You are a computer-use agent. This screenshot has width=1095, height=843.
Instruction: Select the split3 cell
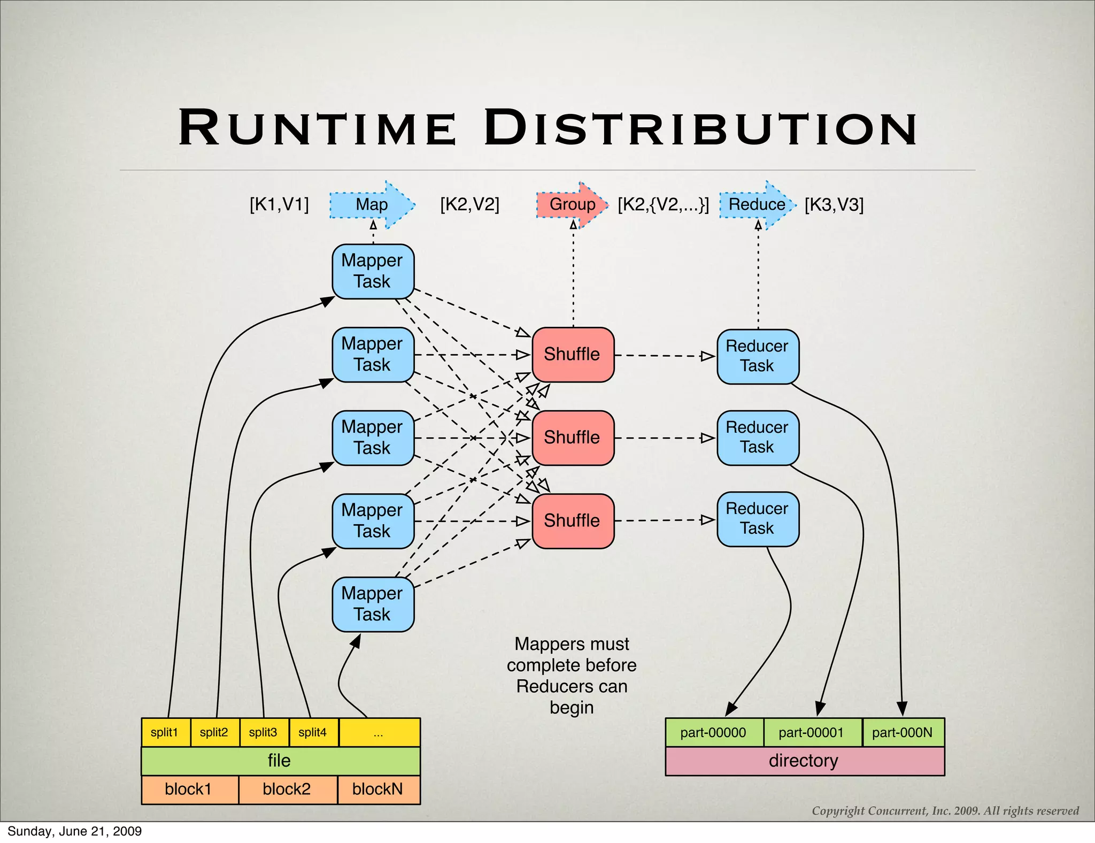264,732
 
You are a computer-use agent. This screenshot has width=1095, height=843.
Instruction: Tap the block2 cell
287,790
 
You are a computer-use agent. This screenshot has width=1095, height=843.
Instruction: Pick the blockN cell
378,790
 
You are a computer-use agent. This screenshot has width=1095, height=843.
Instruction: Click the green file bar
280,761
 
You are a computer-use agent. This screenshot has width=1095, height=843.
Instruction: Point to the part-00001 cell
812,732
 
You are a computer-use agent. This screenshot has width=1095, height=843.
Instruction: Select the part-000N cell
903,732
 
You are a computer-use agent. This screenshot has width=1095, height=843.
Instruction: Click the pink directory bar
804,761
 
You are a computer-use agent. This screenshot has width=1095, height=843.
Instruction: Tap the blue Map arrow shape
372,204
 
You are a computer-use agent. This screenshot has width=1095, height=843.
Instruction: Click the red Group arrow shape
572,204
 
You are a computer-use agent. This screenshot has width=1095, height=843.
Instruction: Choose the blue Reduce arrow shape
757,204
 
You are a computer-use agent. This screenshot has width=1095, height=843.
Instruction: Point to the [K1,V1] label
279,204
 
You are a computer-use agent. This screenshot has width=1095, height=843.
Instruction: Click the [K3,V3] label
834,204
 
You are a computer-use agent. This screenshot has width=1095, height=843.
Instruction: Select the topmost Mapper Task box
373,271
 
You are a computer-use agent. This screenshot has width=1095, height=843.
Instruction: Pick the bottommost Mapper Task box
373,604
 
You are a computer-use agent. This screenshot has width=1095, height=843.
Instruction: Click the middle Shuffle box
573,438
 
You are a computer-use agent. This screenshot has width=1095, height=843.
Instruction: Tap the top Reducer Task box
758,356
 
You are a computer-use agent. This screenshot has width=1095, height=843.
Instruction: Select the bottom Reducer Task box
758,518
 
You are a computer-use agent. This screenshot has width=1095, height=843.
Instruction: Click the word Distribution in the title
700,128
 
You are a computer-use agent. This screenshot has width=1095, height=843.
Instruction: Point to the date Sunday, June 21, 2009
75,831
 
